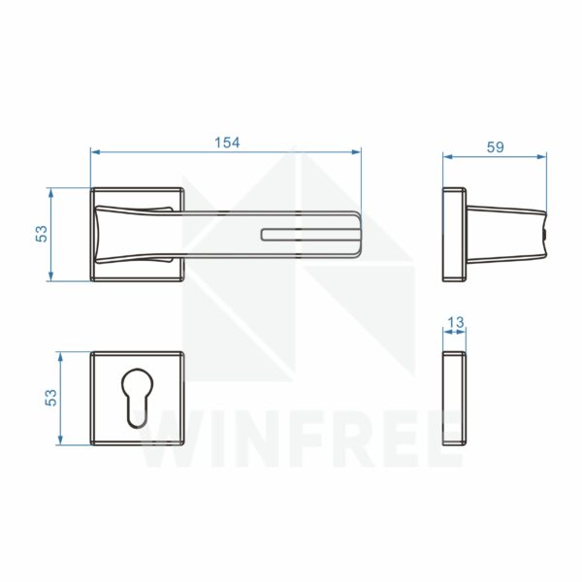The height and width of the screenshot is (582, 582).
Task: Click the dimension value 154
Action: tap(227, 143)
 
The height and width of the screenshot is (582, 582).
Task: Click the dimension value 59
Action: tap(495, 147)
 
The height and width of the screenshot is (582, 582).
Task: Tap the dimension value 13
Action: tap(455, 322)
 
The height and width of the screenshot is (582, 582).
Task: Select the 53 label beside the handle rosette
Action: tap(42, 234)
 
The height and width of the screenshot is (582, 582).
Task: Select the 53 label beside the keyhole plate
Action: tap(50, 398)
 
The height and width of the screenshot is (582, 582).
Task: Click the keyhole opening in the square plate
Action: tap(137, 398)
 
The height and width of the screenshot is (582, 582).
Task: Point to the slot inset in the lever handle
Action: tap(310, 235)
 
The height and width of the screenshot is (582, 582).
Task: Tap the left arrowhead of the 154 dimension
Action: tap(96, 152)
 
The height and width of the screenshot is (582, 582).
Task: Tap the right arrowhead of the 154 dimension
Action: tap(356, 152)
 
